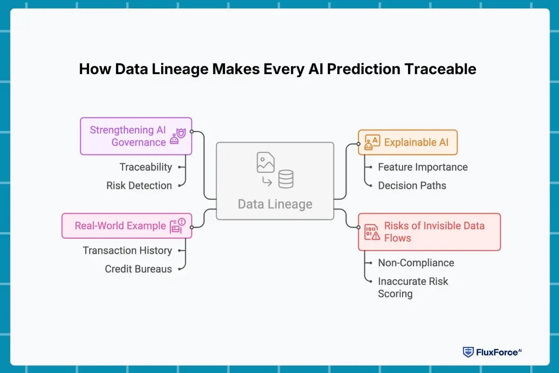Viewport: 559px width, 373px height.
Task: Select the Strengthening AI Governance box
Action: (136, 136)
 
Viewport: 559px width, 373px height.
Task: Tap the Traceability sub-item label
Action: (146, 167)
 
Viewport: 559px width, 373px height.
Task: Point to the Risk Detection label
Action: (139, 186)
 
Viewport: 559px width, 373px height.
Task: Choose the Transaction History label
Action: (127, 250)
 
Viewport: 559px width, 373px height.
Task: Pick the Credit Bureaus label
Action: (138, 269)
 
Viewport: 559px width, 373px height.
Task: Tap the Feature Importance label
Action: (423, 167)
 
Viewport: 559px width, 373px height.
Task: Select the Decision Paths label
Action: (412, 186)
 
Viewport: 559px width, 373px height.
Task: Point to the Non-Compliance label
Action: (416, 263)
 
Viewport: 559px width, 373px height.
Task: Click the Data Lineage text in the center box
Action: (275, 204)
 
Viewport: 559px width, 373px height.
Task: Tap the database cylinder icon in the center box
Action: (286, 179)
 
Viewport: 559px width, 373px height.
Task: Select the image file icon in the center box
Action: (266, 162)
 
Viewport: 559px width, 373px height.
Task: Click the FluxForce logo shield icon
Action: (468, 352)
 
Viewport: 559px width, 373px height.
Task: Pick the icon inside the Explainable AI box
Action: (372, 142)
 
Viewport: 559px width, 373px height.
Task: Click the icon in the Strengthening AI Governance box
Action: (177, 136)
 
